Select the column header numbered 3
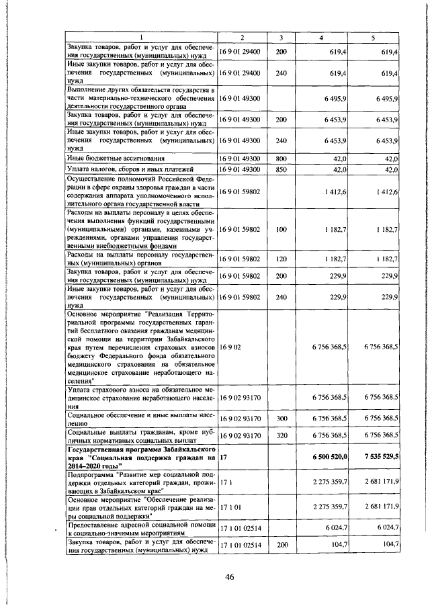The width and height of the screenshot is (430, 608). tap(282, 37)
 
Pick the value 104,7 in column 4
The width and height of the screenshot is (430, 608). tap(337, 546)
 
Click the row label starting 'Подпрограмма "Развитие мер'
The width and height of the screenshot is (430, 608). tap(140, 482)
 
